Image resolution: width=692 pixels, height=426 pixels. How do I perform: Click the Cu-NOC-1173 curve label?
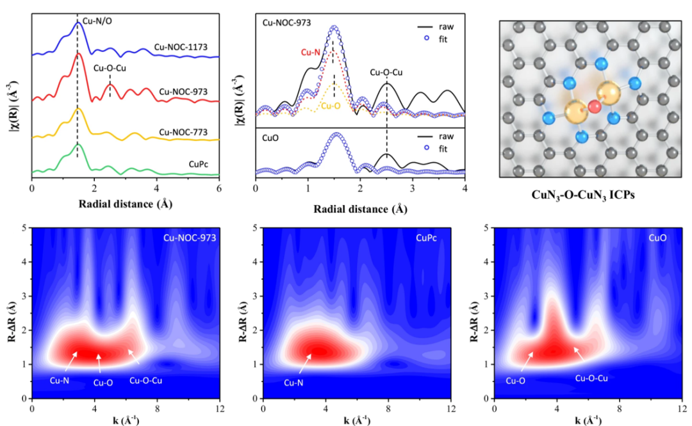pos(185,47)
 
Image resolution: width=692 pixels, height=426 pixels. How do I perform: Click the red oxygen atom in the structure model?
pos(593,106)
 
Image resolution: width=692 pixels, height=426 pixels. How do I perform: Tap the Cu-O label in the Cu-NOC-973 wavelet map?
pos(103,384)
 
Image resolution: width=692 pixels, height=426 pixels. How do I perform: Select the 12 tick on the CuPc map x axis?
pos(452,408)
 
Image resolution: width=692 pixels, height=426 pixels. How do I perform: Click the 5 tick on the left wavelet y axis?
pos(24,227)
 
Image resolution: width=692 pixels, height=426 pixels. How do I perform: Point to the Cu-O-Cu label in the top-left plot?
pos(109,67)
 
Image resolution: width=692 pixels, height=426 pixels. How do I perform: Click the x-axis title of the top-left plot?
pos(125,204)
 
